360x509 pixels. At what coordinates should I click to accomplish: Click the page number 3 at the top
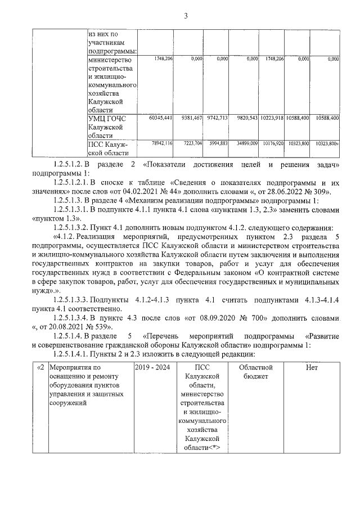[185, 15]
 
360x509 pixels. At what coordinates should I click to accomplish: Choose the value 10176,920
[272, 144]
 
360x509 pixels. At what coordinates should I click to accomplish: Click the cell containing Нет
[312, 367]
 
